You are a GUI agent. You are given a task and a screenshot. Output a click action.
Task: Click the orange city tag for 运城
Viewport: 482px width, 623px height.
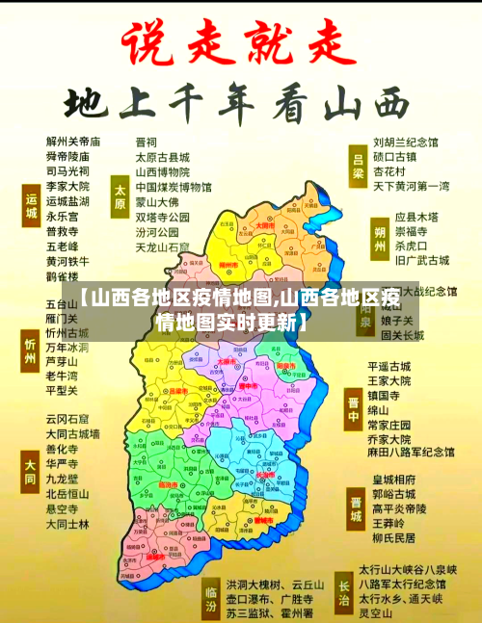[30, 205]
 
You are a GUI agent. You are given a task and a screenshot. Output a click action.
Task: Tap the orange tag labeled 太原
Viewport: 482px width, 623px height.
[120, 195]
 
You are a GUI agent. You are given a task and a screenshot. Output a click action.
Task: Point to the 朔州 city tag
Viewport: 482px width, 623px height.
[381, 237]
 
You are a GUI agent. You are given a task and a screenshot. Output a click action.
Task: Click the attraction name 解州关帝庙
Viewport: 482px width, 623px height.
[73, 142]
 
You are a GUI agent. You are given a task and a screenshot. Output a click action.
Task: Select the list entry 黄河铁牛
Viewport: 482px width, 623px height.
[67, 261]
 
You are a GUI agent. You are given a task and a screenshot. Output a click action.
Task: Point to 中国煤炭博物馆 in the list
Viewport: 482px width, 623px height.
[174, 187]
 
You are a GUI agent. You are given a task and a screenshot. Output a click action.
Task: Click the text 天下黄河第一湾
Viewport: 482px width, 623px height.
[411, 185]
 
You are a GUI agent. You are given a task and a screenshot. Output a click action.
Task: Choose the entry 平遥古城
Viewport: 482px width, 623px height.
[388, 367]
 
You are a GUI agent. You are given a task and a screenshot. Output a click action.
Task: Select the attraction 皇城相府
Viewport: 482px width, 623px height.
[392, 480]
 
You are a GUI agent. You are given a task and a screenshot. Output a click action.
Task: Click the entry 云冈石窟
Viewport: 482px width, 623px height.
[67, 392]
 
